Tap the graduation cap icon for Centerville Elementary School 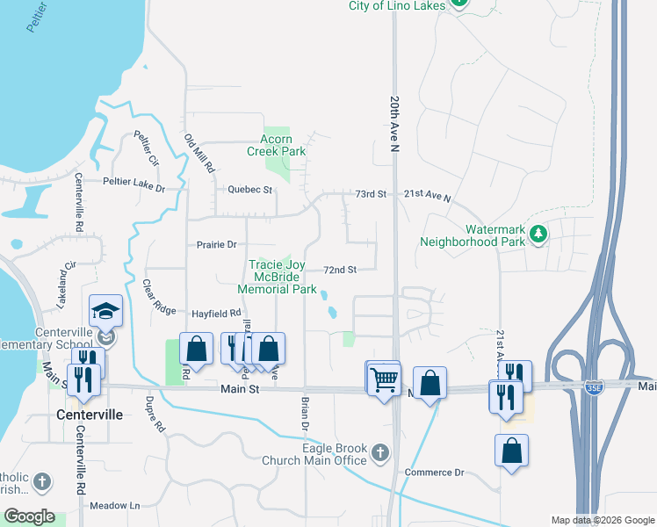(105, 311)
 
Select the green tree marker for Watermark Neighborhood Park (538, 234)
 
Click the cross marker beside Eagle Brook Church (379, 453)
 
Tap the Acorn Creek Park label (276, 145)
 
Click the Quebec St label (250, 190)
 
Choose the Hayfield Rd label (215, 313)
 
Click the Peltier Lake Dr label (134, 183)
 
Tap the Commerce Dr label (434, 473)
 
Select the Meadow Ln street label (115, 506)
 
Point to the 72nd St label (340, 270)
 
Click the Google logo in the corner (29, 516)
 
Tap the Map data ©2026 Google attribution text (602, 520)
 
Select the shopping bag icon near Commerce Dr (511, 451)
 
